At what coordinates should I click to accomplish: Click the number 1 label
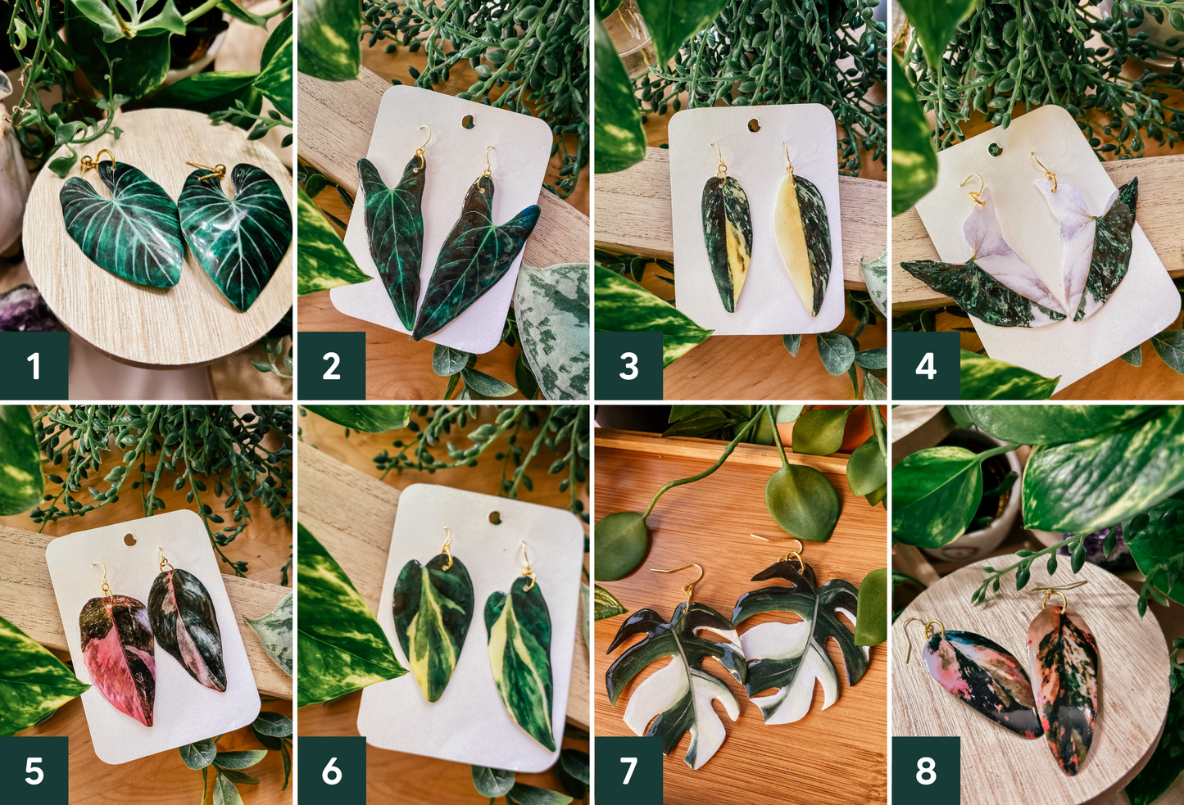(34, 365)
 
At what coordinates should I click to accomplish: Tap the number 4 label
(926, 365)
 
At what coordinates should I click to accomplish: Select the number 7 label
(628, 770)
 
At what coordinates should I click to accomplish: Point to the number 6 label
(331, 770)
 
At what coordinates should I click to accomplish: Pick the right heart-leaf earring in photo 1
(236, 234)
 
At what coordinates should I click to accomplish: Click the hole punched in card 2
(468, 122)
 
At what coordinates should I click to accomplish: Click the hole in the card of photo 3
(753, 126)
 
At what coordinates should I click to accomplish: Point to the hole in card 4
(995, 150)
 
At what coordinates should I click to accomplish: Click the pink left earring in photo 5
(118, 655)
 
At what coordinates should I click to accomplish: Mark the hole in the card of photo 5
(129, 540)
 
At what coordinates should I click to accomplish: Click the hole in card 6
(494, 518)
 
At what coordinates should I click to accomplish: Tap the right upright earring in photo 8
(1064, 684)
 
